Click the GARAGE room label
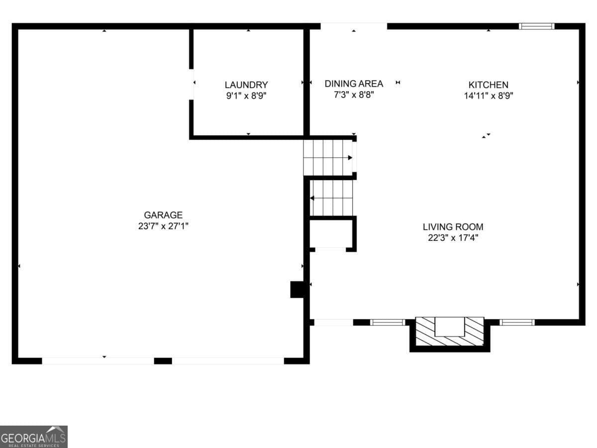point(163,215)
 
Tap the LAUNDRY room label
point(246,85)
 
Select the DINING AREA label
point(354,84)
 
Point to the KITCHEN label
point(488,85)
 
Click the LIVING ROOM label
point(453,227)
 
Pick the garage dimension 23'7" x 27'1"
point(163,226)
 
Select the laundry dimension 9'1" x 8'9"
point(246,96)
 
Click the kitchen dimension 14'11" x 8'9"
point(488,96)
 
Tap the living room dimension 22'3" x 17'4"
point(453,237)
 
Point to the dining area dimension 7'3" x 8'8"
point(354,95)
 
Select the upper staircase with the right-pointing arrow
point(328,157)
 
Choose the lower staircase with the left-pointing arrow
point(331,198)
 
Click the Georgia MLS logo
point(34,437)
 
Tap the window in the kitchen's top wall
point(536,26)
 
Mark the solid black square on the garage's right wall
point(298,290)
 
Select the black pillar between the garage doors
point(163,360)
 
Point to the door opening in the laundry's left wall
point(192,84)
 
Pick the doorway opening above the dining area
point(354,26)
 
